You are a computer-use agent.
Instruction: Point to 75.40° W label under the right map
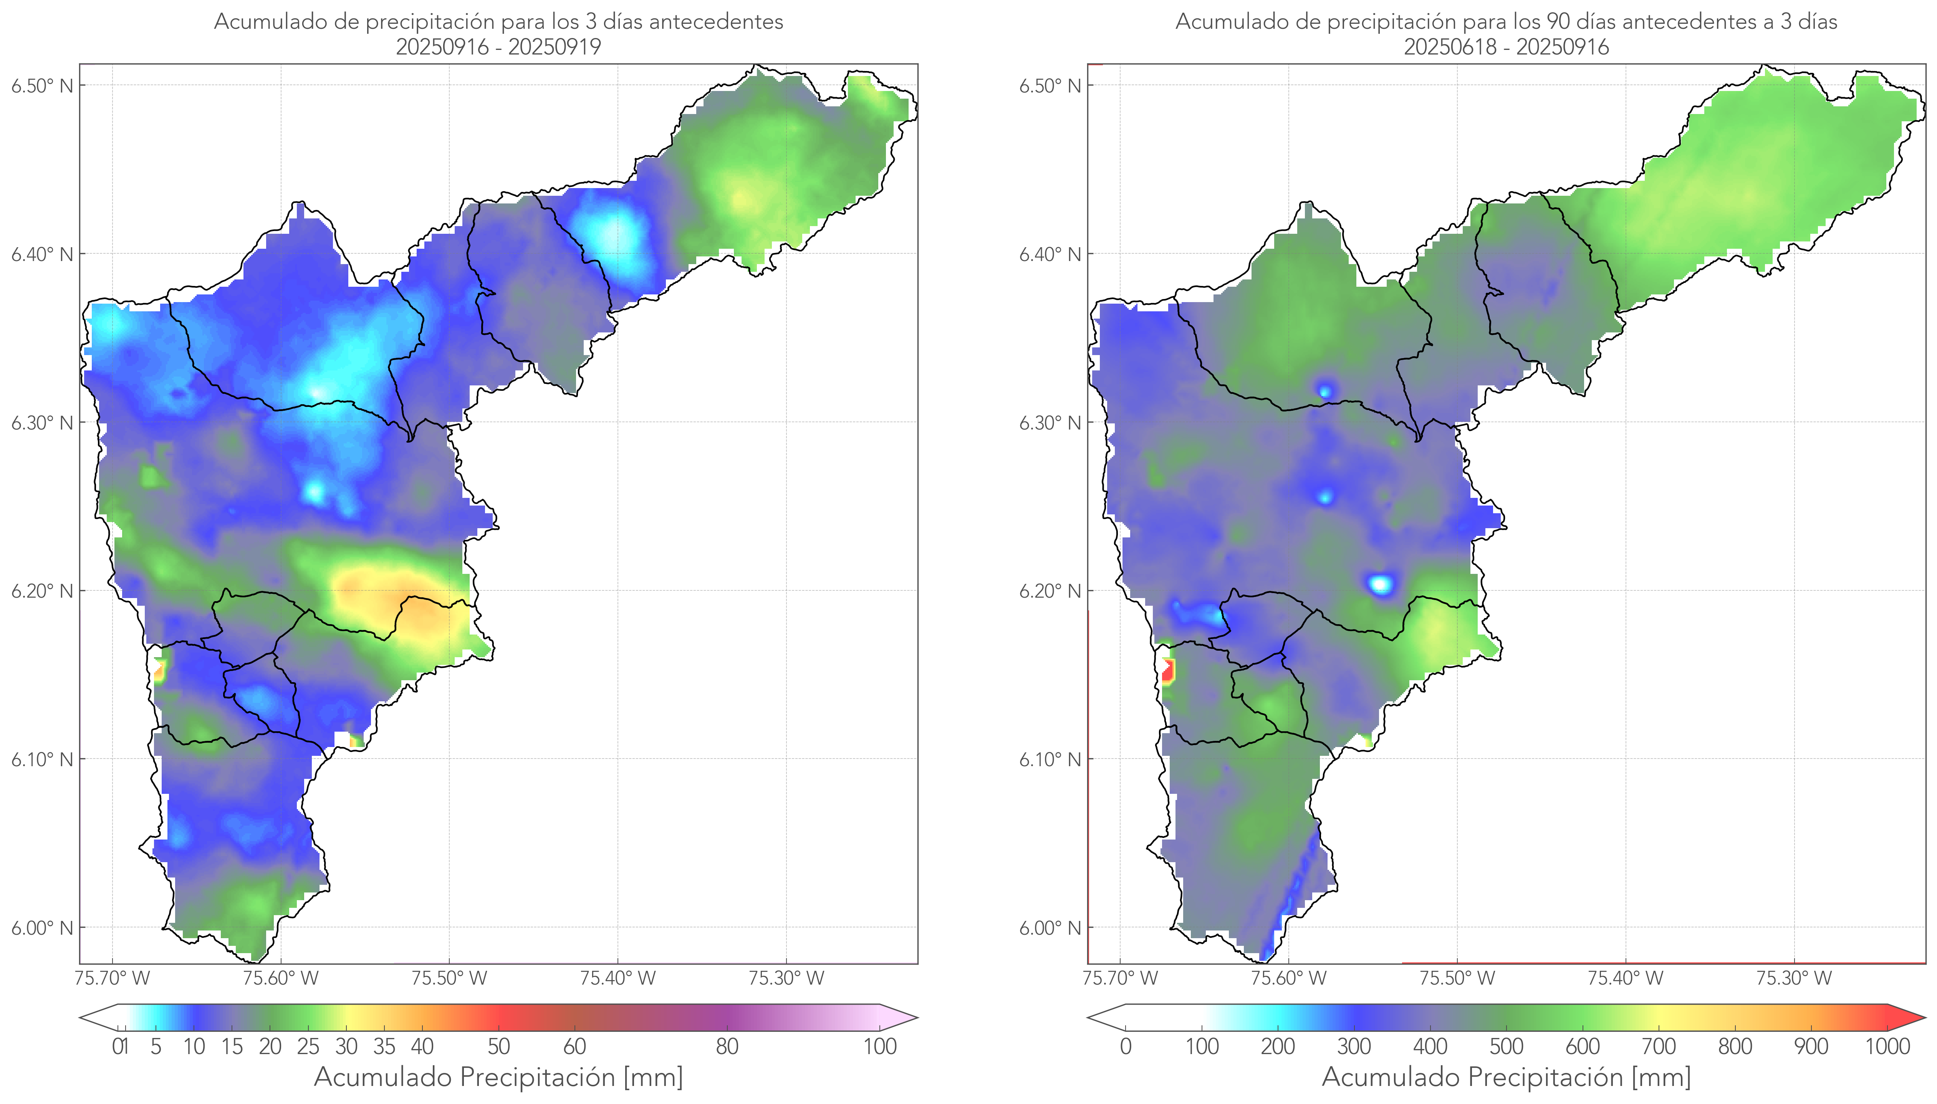click(x=1625, y=978)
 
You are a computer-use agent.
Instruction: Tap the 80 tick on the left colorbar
click(x=727, y=1046)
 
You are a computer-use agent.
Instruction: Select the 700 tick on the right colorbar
click(x=1658, y=1046)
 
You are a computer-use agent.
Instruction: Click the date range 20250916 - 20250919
click(x=498, y=47)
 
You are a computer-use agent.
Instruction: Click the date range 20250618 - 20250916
click(x=1506, y=47)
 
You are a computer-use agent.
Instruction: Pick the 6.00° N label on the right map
click(x=1050, y=928)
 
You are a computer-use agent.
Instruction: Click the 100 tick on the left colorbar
click(x=880, y=1046)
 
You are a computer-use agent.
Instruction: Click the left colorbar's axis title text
click(x=498, y=1077)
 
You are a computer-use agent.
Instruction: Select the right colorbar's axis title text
click(x=1506, y=1077)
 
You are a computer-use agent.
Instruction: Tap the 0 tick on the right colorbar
click(x=1126, y=1046)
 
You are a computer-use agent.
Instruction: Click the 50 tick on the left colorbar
click(x=498, y=1046)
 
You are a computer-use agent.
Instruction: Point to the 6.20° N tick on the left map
click(x=42, y=591)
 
